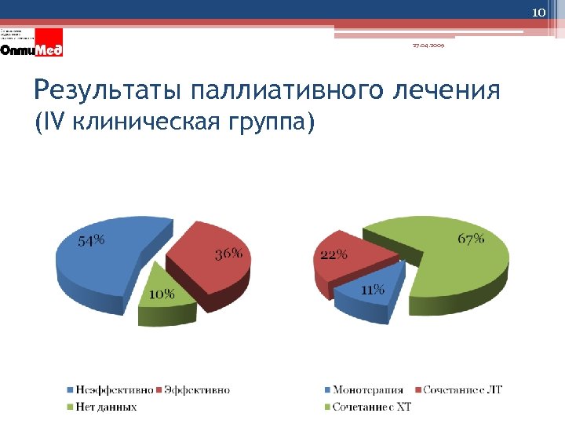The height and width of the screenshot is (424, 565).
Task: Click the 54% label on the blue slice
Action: click(x=91, y=242)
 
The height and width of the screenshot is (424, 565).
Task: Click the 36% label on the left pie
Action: click(x=228, y=254)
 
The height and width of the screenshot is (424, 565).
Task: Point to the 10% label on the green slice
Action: click(x=162, y=294)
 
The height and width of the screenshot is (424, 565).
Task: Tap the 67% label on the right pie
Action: click(x=471, y=239)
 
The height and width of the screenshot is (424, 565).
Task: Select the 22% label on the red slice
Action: click(x=334, y=254)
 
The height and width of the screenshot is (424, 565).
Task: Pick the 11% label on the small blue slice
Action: click(x=373, y=290)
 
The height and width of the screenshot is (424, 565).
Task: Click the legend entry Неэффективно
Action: click(x=114, y=389)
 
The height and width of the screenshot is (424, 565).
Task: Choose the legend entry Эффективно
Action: click(x=196, y=389)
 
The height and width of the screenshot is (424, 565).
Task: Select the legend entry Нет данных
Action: click(x=106, y=407)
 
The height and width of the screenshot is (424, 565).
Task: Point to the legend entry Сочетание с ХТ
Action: click(x=371, y=407)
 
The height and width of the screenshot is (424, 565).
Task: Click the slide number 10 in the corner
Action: click(x=538, y=13)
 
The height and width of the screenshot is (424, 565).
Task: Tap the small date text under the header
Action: click(x=427, y=45)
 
